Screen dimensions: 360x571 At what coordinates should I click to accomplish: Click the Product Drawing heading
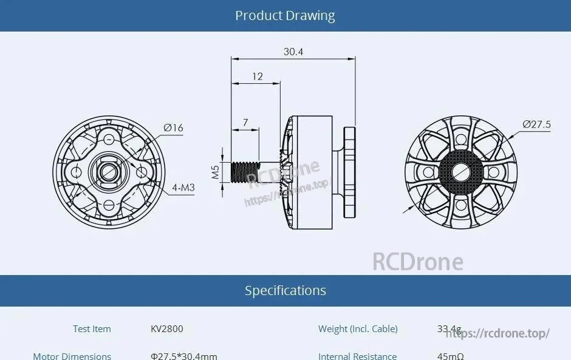pos(285,16)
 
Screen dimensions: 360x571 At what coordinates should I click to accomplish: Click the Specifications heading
pos(285,291)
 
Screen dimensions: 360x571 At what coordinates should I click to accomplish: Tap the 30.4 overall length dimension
pos(293,52)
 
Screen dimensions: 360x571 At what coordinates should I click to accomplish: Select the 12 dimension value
pos(258,76)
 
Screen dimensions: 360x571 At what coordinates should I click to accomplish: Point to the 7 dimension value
pos(245,123)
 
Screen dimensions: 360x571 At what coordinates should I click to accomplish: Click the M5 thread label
pos(216,172)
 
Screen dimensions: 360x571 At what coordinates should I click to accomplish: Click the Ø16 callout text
pos(173,127)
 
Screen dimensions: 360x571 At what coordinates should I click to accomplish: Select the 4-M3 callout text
pos(183,188)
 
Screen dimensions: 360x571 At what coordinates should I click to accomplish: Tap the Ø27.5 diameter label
pos(536,125)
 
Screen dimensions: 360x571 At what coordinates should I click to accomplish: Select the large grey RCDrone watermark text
pos(417,262)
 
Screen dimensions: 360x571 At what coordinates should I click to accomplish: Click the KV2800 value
pos(166,329)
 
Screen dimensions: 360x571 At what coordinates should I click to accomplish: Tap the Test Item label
pos(92,329)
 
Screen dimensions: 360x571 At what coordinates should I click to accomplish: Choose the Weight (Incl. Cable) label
pos(358,329)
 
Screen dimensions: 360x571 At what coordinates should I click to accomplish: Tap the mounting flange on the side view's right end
pos(349,172)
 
